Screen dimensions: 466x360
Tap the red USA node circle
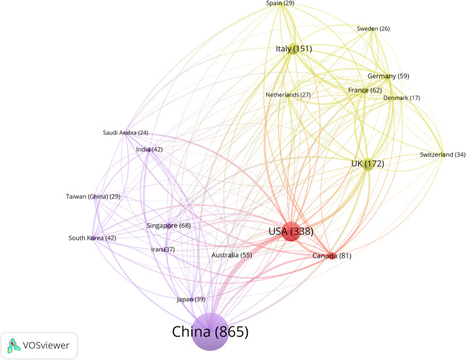[291, 231]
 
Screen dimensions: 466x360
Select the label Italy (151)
[293, 49]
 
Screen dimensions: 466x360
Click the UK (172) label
[367, 163]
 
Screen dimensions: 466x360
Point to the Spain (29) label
[280, 4]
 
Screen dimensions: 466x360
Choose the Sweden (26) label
[373, 29]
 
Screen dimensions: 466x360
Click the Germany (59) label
[388, 76]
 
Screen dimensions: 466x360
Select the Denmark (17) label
[402, 98]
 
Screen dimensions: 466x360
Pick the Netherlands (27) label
[288, 95]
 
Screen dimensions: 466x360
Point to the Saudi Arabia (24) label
[126, 133]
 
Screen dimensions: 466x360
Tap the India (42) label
[149, 150]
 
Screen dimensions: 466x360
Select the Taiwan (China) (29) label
[93, 197]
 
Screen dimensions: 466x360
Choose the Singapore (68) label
[169, 226]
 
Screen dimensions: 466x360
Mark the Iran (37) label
[163, 250]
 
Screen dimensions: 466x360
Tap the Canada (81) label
[332, 256]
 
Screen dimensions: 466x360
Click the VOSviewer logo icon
[13, 345]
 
